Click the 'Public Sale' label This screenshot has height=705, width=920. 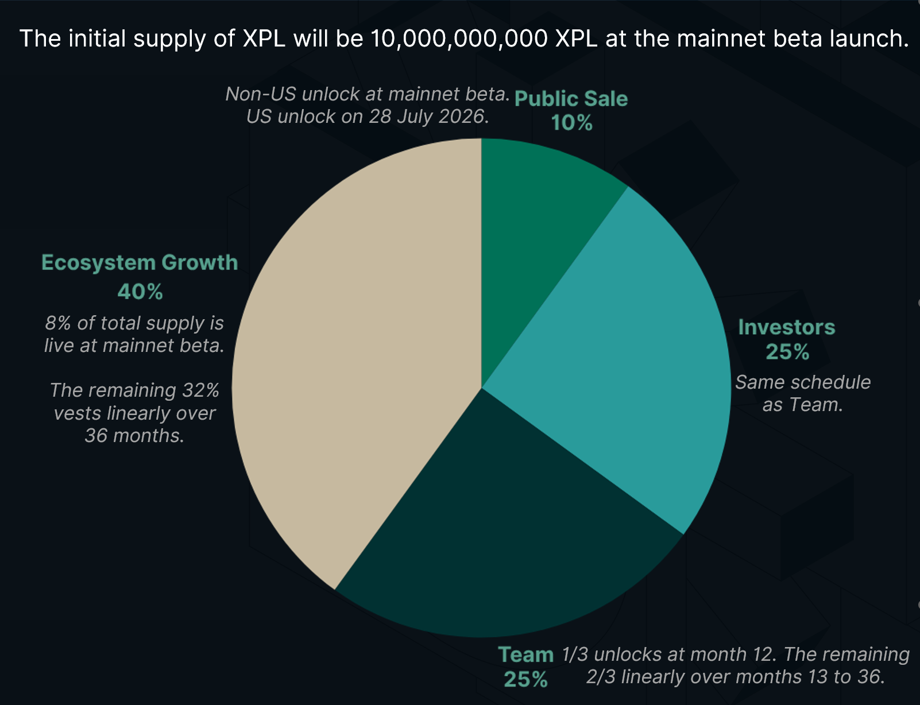571,99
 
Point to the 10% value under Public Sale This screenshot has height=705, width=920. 571,123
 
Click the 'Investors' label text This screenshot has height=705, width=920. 786,327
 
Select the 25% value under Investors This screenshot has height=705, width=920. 787,351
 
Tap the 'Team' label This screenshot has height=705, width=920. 525,654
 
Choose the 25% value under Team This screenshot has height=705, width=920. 525,679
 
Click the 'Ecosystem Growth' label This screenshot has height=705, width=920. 140,262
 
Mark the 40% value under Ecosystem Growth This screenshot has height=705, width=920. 140,292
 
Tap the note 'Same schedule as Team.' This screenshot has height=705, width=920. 803,393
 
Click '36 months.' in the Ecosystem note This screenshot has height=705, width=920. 134,436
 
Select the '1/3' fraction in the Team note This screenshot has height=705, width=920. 574,654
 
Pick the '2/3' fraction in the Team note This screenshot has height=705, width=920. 600,677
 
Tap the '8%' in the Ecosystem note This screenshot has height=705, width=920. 58,323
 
